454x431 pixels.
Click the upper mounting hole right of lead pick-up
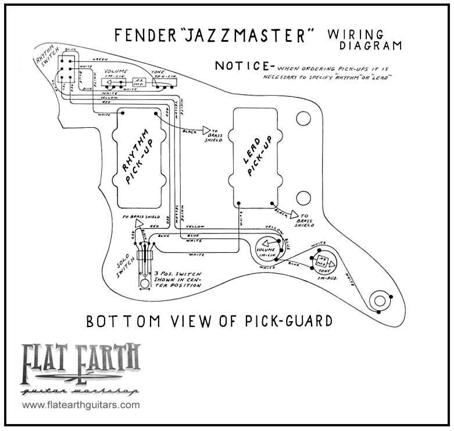pos(302,119)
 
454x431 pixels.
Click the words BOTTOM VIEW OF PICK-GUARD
pos(209,321)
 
